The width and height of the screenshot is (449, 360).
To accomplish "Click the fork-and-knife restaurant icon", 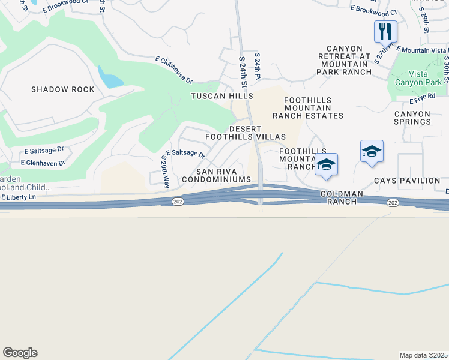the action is (x=385, y=31).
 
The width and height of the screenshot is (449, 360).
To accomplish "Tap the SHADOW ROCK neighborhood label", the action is (x=63, y=89).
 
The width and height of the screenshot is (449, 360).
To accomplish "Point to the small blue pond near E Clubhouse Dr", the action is (x=110, y=79).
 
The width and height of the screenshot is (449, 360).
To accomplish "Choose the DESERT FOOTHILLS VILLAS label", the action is (x=245, y=133).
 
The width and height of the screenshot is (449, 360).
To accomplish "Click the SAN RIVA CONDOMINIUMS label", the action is (x=216, y=175).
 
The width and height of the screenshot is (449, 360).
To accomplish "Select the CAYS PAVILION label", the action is (x=407, y=181).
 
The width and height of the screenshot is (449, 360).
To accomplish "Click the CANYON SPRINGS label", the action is (x=412, y=117).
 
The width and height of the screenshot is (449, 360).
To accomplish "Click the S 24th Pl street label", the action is (x=257, y=65).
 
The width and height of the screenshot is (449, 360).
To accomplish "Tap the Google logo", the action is (x=20, y=353).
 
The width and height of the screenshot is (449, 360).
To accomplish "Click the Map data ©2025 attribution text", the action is (x=424, y=355).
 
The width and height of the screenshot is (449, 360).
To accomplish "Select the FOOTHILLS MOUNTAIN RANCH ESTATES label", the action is (x=308, y=108).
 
